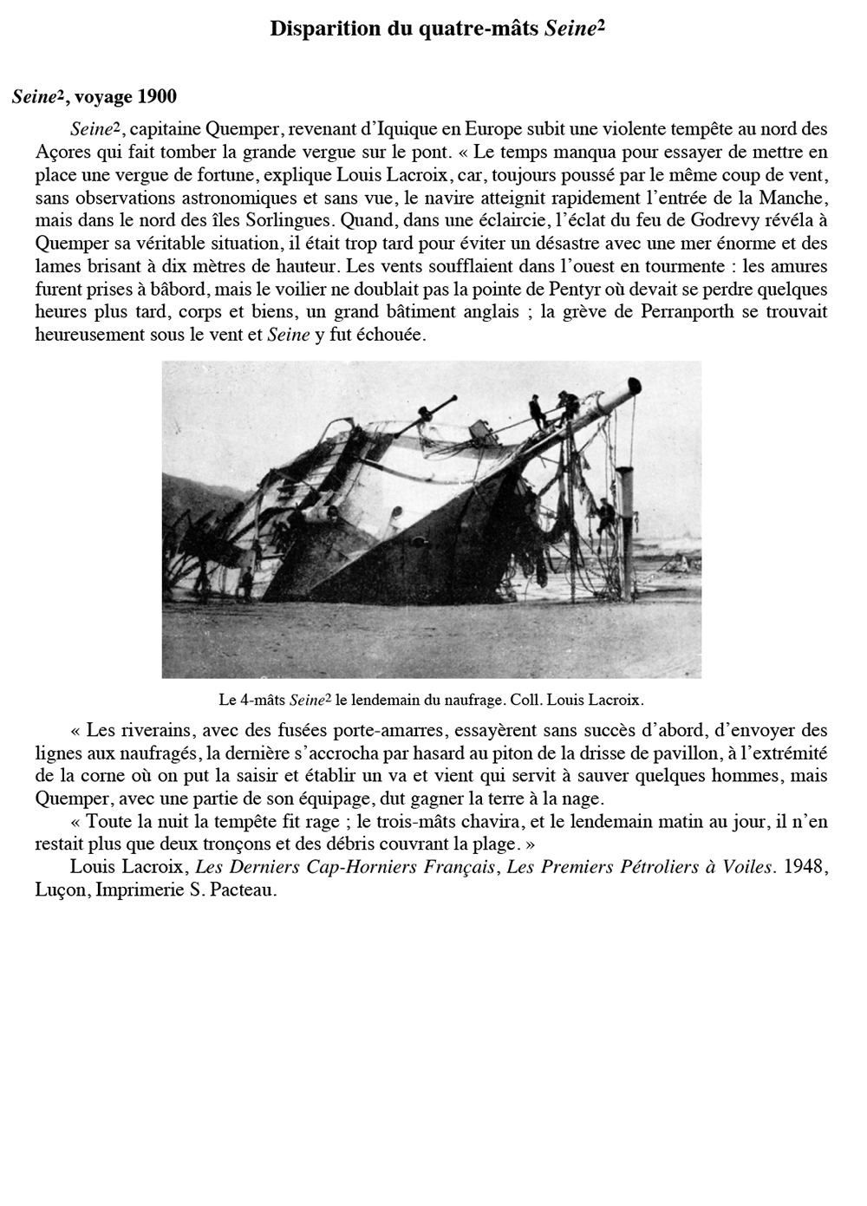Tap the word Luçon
pyautogui.click(x=58, y=890)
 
